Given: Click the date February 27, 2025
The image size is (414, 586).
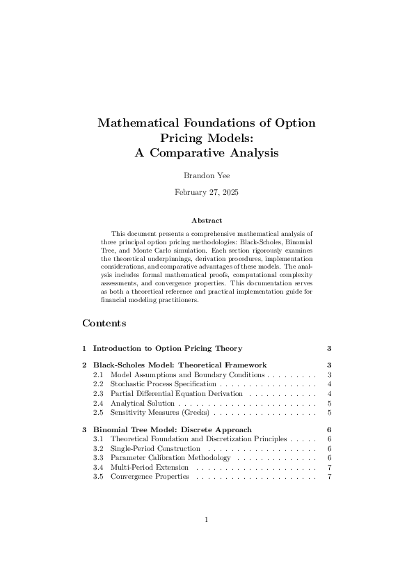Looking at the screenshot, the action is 206,191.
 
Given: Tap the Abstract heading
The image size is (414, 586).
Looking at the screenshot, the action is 207,221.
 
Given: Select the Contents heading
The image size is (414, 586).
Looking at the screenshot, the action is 104,324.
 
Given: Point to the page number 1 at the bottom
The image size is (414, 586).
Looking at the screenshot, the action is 207,519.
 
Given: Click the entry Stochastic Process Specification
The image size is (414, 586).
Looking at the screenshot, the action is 163,384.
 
